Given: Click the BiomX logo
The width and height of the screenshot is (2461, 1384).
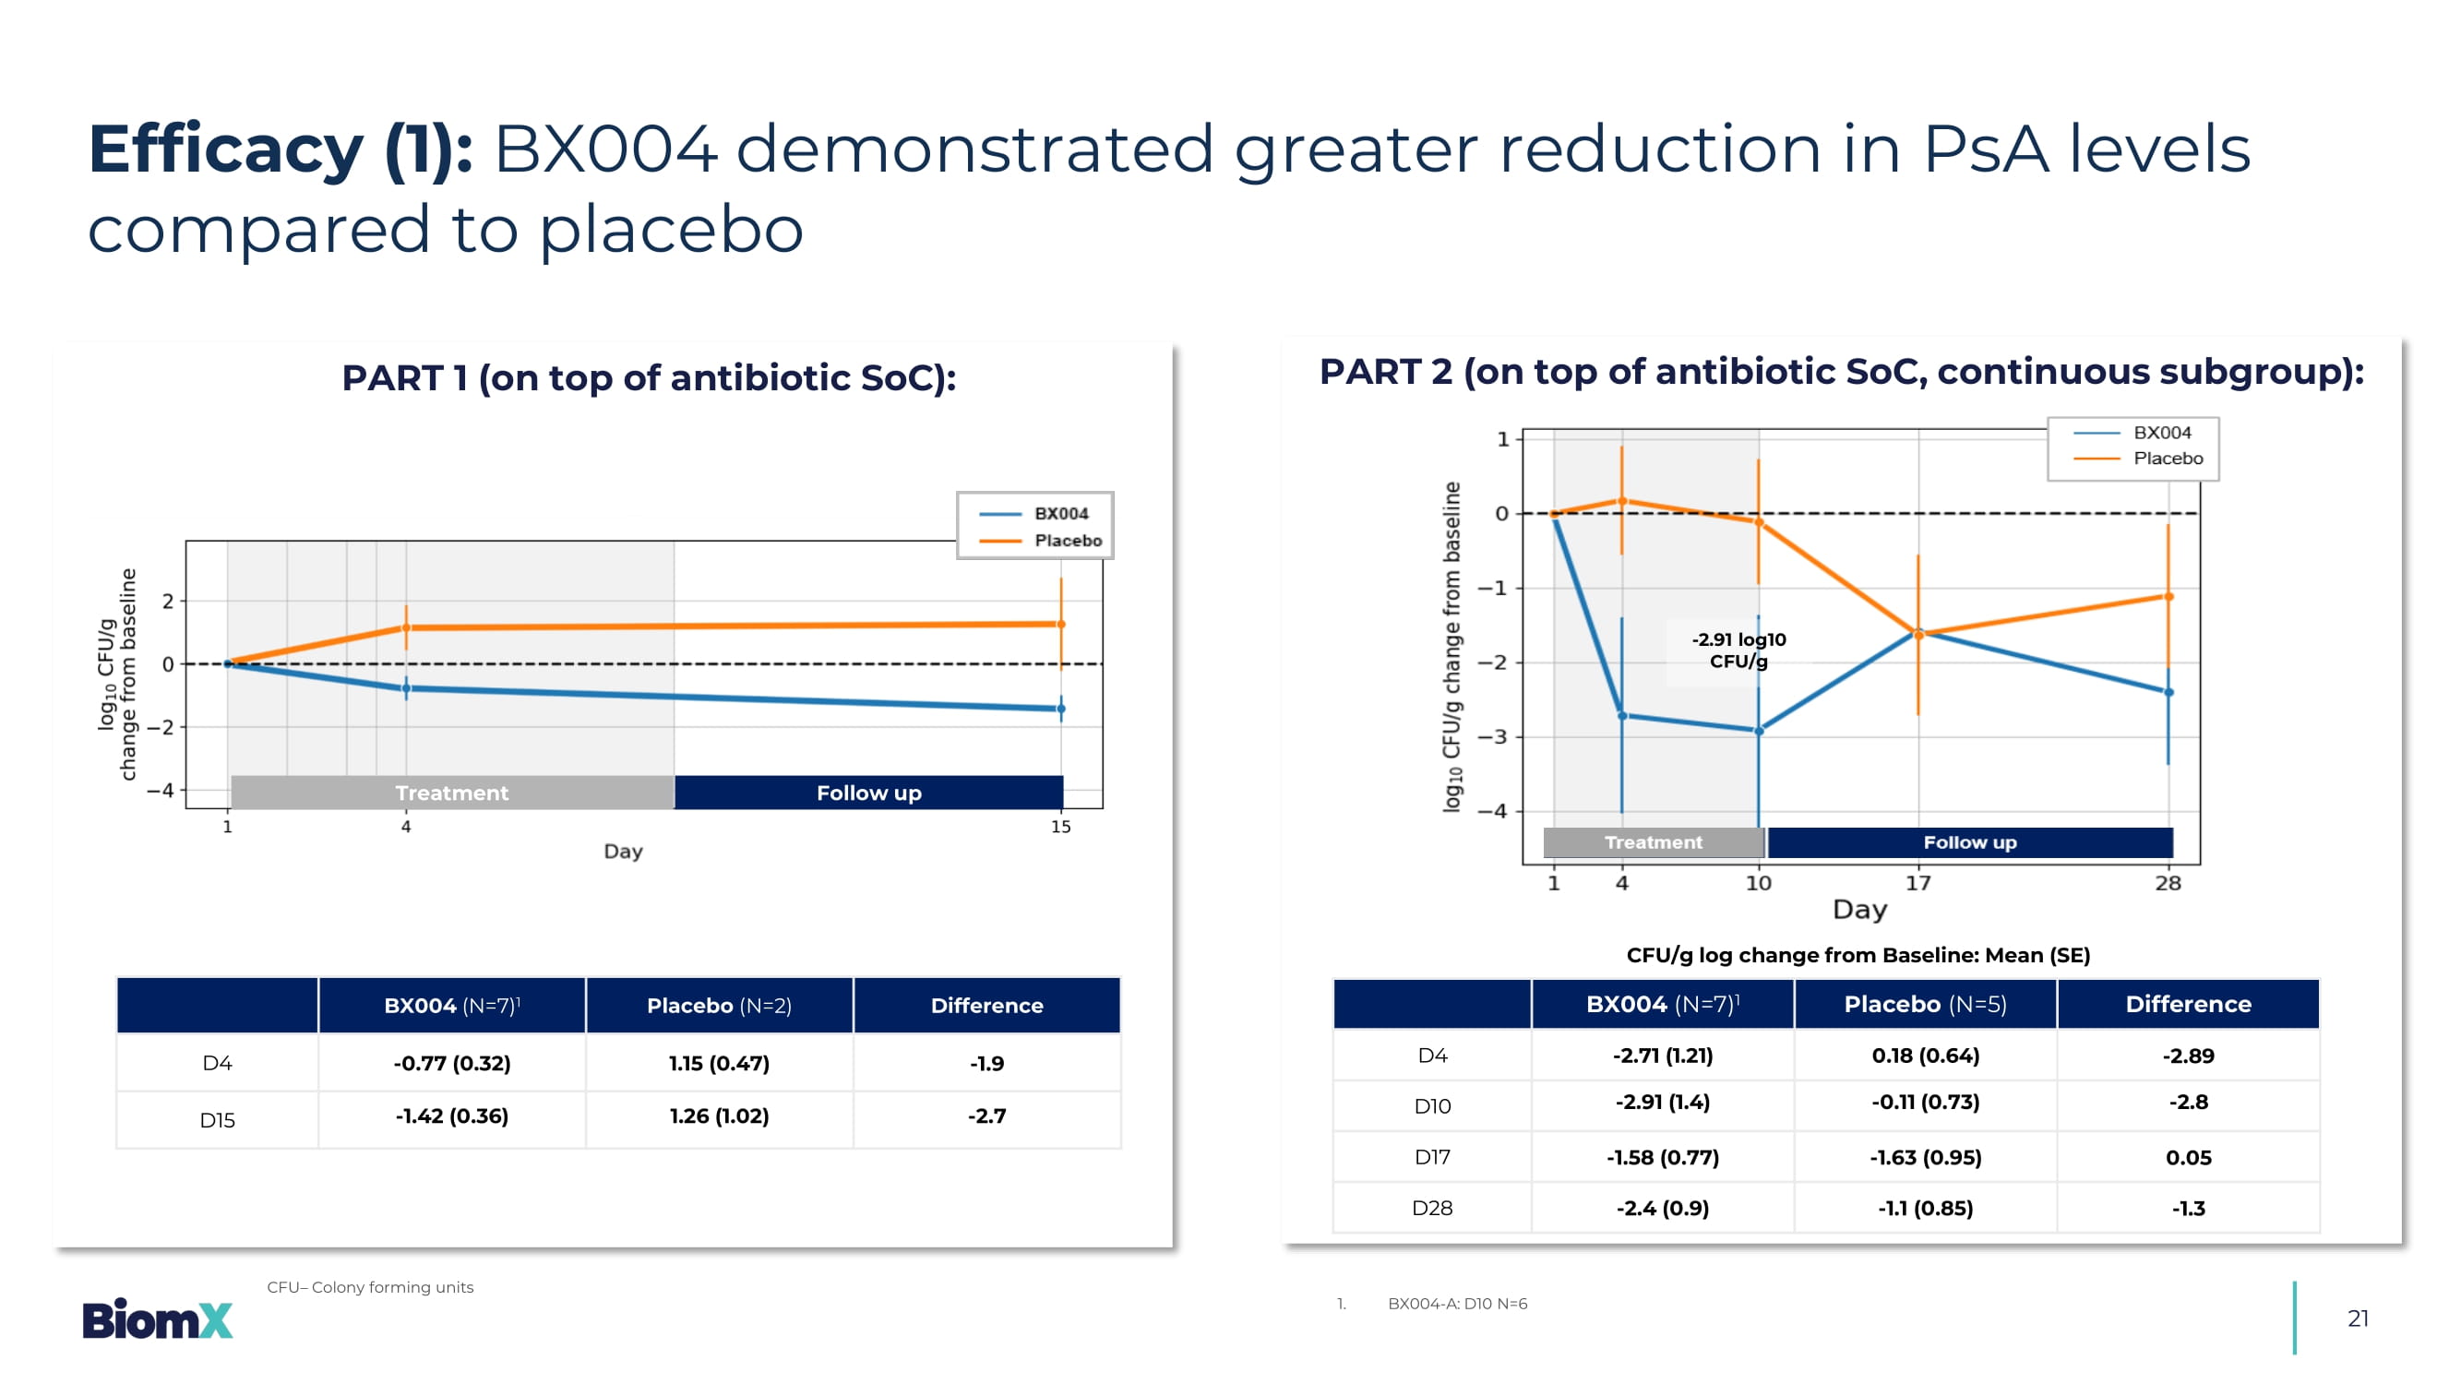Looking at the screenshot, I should (158, 1319).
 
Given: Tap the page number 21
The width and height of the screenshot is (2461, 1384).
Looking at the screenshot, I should (2357, 1318).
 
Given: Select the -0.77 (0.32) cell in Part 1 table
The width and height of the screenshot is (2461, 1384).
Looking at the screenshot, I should (452, 1063).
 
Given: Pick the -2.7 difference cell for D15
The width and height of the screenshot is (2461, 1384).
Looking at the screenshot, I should (986, 1116).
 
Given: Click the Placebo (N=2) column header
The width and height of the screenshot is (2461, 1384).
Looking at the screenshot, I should (719, 1005).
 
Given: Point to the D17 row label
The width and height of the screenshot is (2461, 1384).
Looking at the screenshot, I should (1431, 1157).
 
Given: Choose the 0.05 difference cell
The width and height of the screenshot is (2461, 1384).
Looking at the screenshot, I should (2188, 1157).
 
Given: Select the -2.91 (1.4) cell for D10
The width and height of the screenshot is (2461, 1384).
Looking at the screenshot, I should (1662, 1103).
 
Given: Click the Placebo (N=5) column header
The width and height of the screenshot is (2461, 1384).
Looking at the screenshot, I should (1924, 1004).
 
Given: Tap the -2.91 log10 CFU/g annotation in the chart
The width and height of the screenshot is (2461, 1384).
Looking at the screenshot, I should (1738, 650).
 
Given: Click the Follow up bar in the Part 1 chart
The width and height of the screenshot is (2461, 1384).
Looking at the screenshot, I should (868, 793).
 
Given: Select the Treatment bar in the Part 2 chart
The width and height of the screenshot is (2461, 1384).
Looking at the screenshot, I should (1653, 842).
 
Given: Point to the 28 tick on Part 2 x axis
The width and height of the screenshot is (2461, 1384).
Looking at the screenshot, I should (2168, 884).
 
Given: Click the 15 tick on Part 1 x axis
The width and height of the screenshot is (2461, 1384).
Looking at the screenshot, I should (1060, 827).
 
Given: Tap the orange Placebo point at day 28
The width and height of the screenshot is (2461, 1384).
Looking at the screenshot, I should (2168, 597).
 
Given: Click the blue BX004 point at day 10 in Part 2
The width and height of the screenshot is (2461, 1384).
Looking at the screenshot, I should (1759, 732).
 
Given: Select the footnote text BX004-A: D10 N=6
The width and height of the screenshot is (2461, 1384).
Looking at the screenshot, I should (1457, 1304).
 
